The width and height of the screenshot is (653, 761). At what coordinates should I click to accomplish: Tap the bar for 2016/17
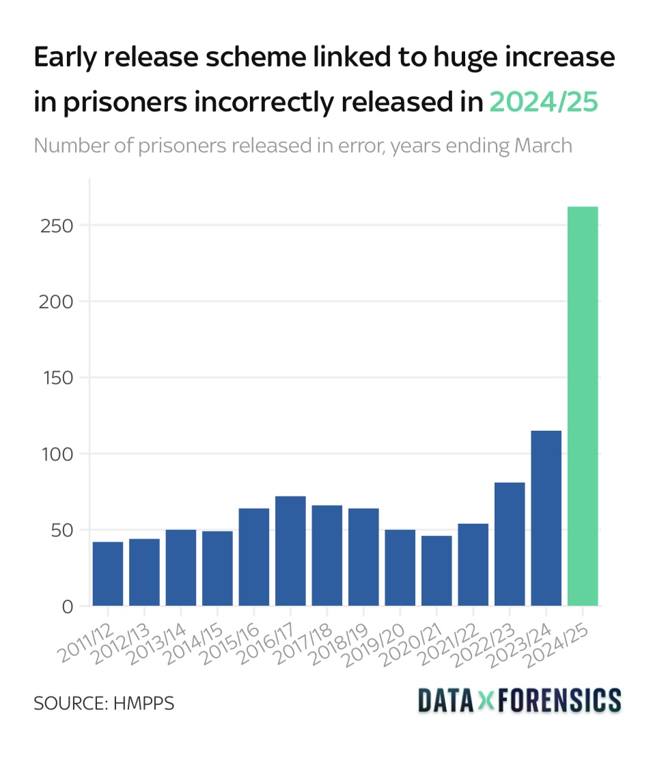(x=290, y=550)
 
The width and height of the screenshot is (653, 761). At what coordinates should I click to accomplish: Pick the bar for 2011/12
(x=108, y=573)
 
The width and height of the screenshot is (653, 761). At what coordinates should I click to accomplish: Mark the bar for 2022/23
(x=510, y=544)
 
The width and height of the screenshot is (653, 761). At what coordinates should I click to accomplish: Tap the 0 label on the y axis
(x=67, y=606)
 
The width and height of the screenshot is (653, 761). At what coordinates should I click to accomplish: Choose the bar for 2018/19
(x=363, y=557)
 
